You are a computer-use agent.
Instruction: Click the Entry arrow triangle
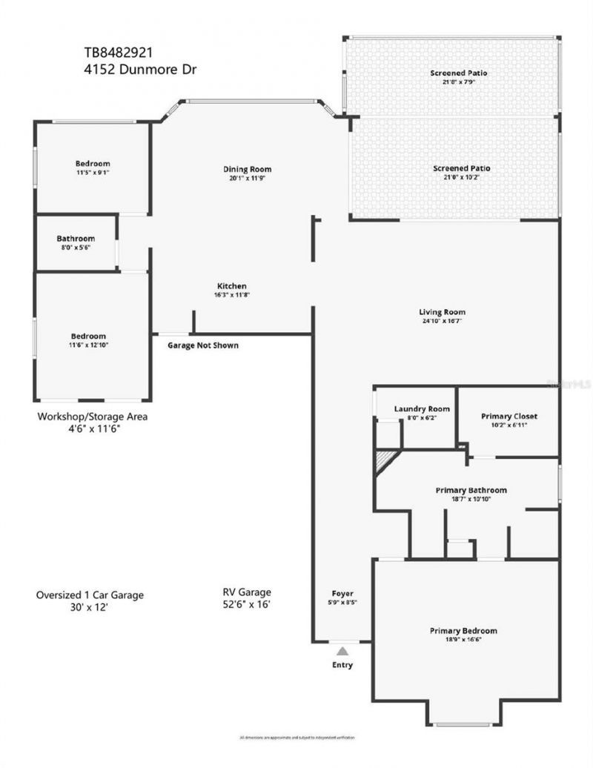(x=342, y=651)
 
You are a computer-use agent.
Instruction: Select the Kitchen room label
(x=231, y=286)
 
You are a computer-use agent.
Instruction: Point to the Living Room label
(x=442, y=312)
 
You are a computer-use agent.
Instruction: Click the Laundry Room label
(x=422, y=409)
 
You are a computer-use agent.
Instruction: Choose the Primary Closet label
(x=508, y=417)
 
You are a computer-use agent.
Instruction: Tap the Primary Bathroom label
(x=471, y=491)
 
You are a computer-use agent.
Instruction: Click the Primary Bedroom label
(x=463, y=631)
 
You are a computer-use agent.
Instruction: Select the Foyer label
(x=342, y=594)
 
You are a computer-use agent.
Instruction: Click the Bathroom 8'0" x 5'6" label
(x=76, y=239)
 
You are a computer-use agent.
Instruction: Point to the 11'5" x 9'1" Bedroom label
(x=93, y=164)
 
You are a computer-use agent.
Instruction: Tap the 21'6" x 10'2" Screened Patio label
(x=461, y=169)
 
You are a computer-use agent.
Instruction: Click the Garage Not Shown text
(x=203, y=345)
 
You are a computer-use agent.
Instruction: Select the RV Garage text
(x=247, y=592)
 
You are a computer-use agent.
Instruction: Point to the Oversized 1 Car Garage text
(x=90, y=595)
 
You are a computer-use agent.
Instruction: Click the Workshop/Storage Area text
(x=93, y=417)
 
